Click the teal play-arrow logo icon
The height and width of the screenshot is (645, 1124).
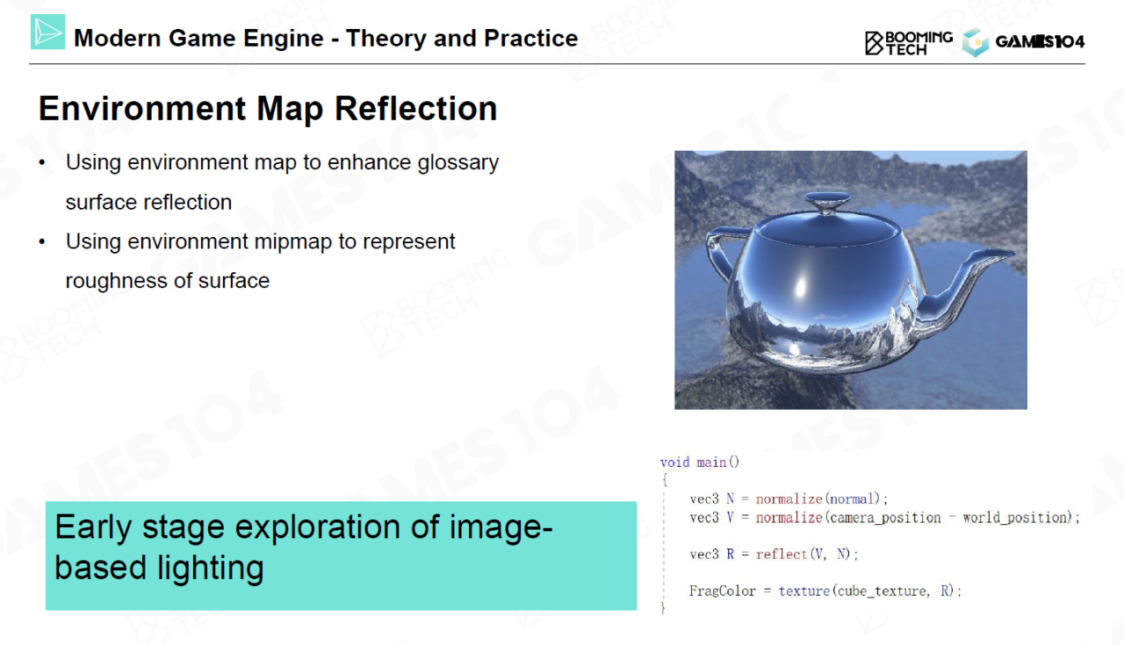(47, 32)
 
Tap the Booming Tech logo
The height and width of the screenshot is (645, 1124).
(909, 43)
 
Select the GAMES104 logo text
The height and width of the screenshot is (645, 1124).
(1040, 41)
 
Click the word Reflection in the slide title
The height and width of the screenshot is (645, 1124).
(415, 108)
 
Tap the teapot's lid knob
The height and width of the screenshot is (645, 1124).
(827, 202)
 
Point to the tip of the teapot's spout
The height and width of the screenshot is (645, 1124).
(1013, 254)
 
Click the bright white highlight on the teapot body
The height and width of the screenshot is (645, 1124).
(800, 286)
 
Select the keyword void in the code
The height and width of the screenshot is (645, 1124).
(674, 462)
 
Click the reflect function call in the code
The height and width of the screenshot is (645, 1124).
(782, 555)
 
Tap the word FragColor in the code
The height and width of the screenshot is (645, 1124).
(722, 591)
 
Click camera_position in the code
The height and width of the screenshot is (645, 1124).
(885, 518)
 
